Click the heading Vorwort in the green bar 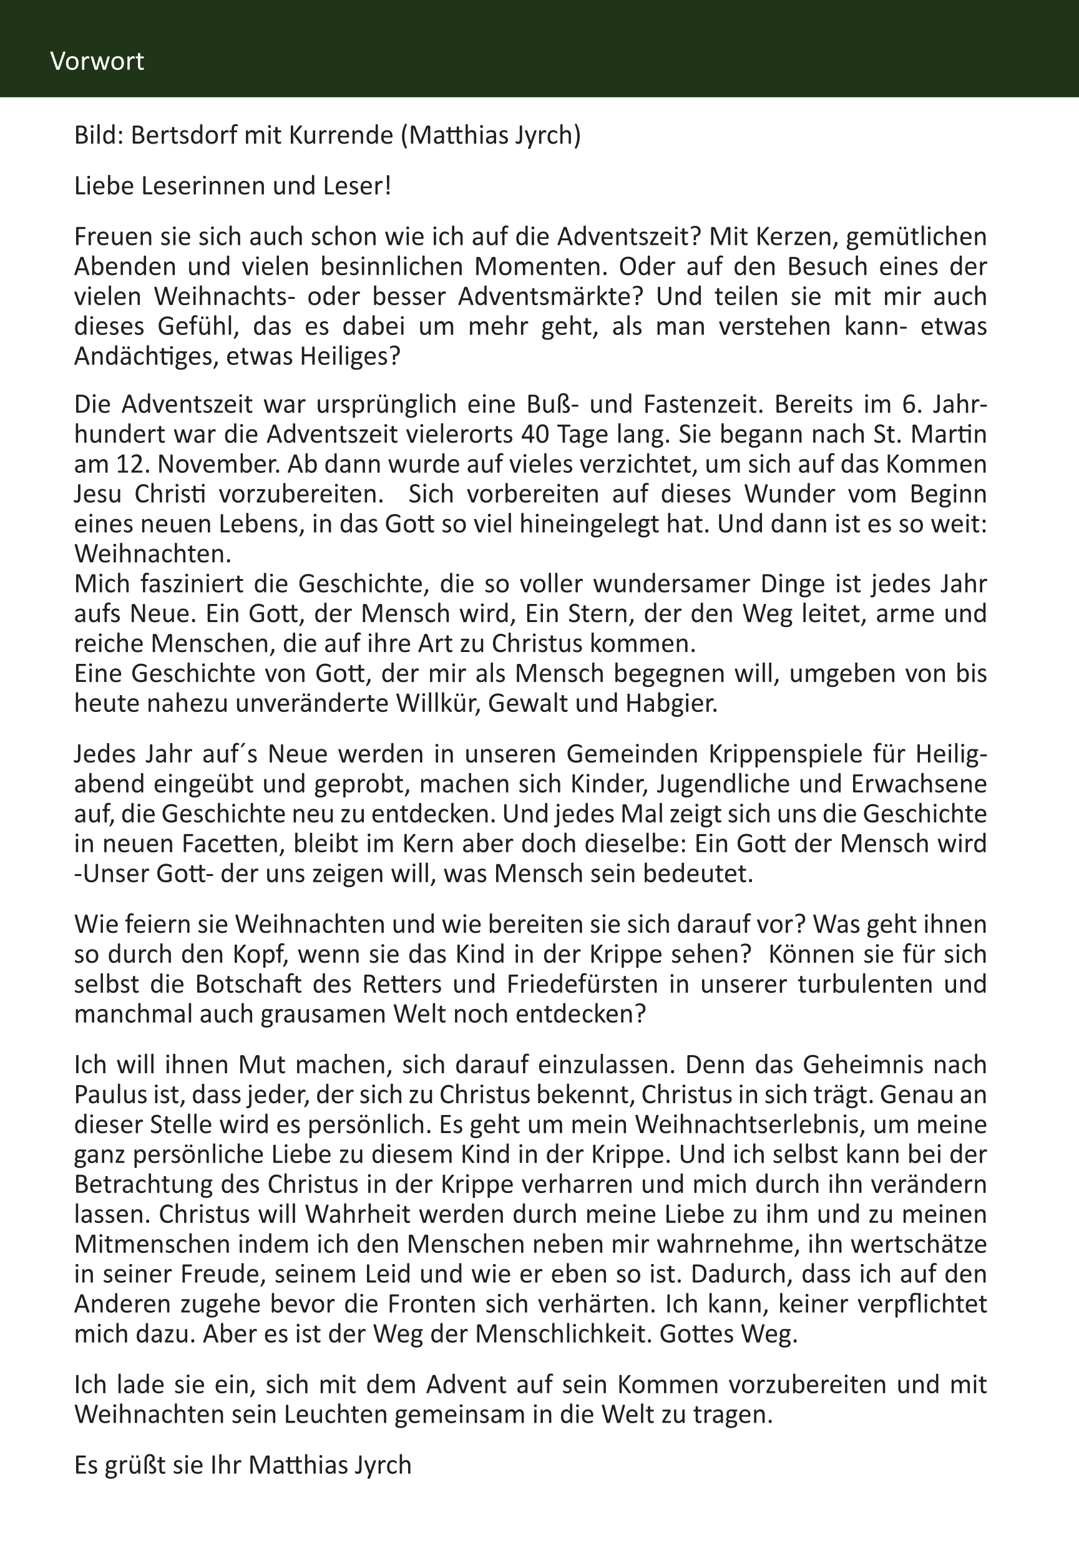[97, 61]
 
